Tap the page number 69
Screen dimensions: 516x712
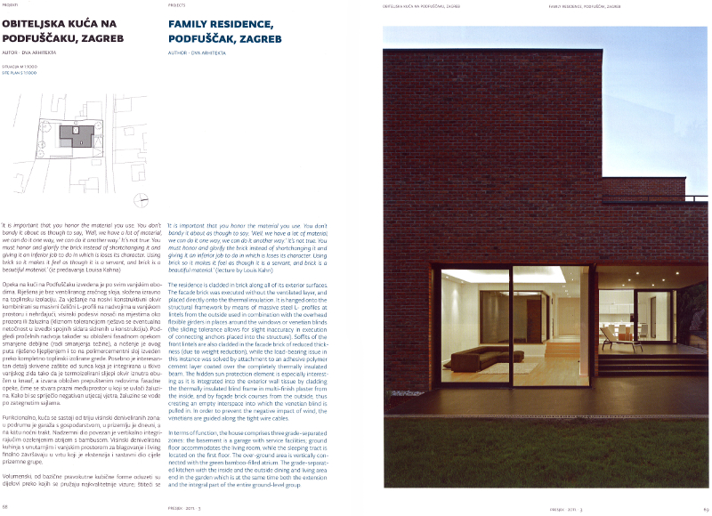click(x=704, y=507)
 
